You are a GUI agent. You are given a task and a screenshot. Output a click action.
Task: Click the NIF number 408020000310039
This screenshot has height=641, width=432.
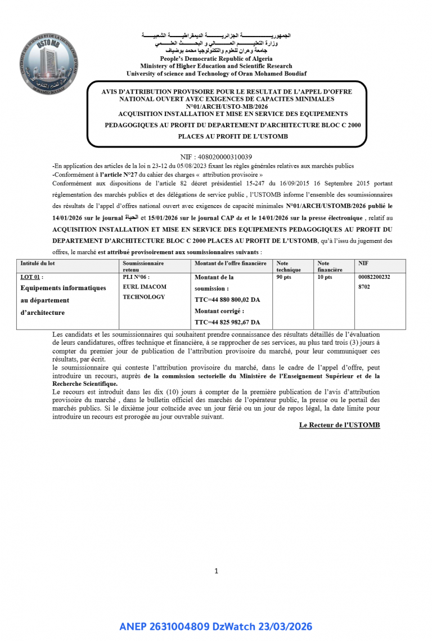tap(216, 157)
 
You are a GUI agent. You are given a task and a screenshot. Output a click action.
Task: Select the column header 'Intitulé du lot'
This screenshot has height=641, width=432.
tap(38, 263)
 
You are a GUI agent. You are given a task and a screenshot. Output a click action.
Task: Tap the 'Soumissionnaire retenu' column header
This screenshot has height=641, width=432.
tap(143, 266)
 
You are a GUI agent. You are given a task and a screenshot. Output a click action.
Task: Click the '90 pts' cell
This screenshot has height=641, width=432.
tap(284, 277)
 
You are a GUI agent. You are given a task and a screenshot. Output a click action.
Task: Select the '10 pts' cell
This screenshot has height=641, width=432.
tap(325, 277)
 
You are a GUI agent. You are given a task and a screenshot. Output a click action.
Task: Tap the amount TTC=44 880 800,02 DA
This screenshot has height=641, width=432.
tap(227, 300)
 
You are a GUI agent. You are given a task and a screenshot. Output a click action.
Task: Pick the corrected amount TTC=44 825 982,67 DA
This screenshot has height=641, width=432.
tap(227, 322)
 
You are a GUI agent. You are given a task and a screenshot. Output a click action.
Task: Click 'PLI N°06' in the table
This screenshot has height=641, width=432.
tap(136, 277)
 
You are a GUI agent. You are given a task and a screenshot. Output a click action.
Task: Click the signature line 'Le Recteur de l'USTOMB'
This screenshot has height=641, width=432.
tap(339, 425)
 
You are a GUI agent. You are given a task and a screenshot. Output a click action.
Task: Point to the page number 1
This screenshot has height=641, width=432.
tap(216, 571)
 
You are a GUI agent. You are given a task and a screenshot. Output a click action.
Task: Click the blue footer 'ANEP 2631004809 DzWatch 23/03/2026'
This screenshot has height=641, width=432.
tap(216, 626)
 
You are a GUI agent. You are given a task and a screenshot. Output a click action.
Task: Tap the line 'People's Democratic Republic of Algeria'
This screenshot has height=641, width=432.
tap(216, 59)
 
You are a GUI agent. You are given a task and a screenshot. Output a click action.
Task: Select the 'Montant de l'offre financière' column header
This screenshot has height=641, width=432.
tap(231, 263)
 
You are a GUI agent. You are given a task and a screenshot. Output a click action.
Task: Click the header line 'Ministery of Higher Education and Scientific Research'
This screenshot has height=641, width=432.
tap(216, 66)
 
